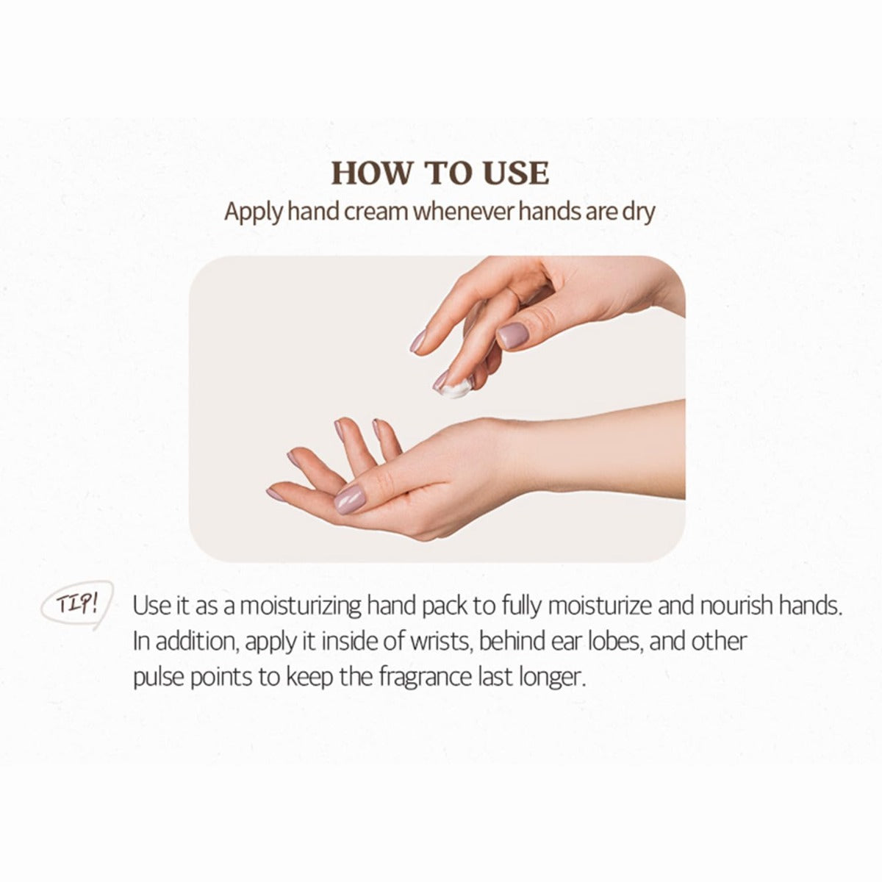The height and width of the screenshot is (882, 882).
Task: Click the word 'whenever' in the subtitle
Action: (x=467, y=212)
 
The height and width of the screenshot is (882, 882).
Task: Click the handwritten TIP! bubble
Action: (x=77, y=605)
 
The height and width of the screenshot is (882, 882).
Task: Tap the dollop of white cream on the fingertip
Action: (x=454, y=389)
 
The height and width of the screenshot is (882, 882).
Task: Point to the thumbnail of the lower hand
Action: (x=351, y=499)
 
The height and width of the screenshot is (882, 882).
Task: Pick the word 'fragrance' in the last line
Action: (x=426, y=678)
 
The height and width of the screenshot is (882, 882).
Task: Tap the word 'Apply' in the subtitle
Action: (x=253, y=213)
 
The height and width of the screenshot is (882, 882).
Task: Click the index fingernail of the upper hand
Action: (x=417, y=342)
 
